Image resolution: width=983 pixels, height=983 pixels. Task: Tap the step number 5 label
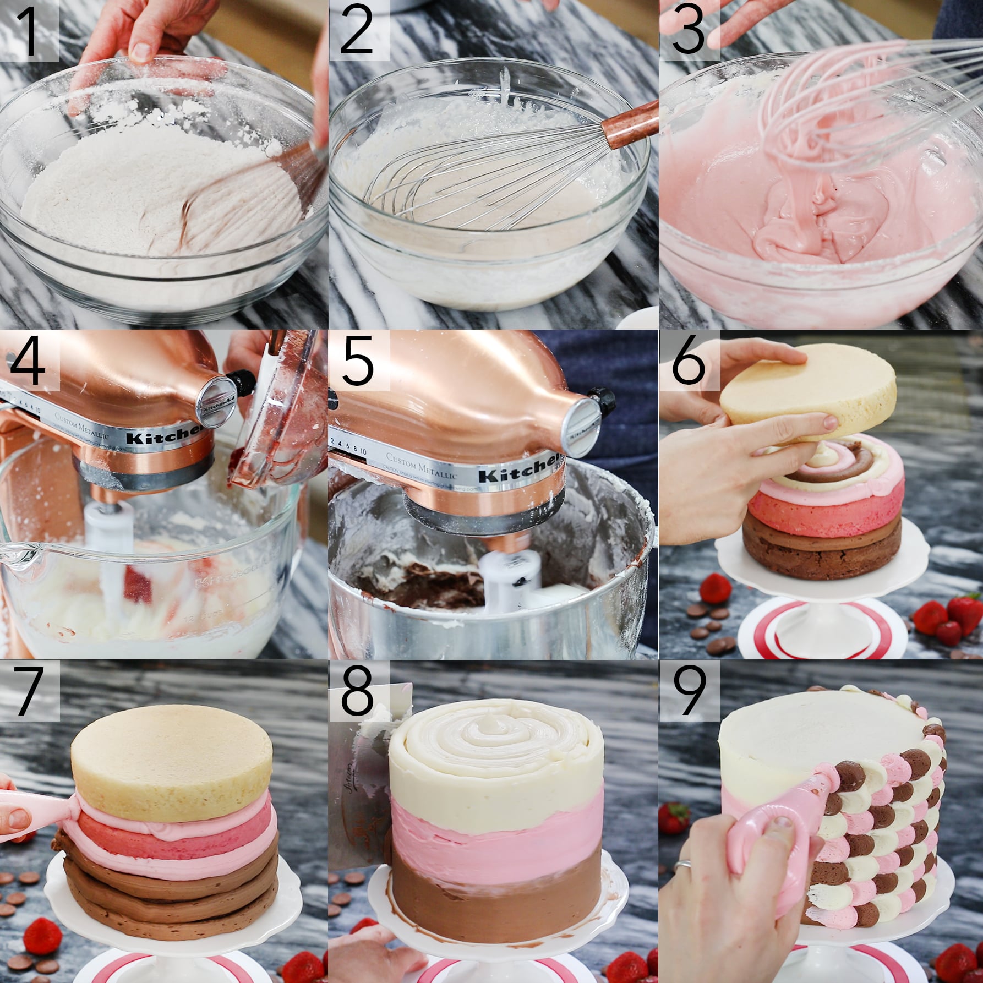click(x=358, y=361)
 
